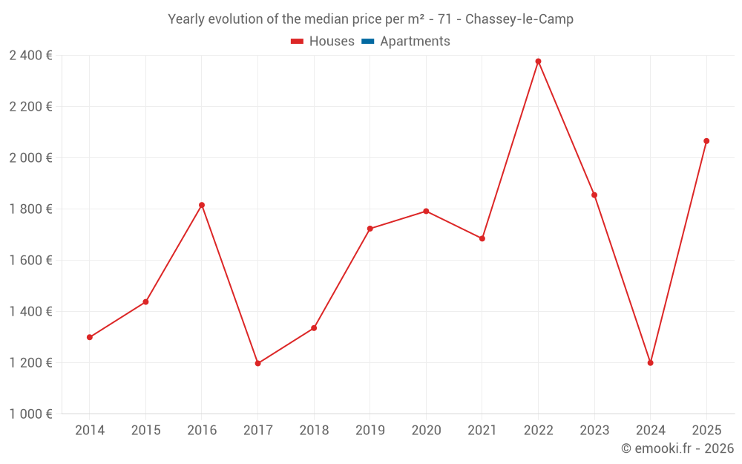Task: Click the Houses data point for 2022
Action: pyautogui.click(x=538, y=62)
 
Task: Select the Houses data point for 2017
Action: pyautogui.click(x=257, y=364)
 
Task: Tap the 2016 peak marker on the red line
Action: pyautogui.click(x=202, y=205)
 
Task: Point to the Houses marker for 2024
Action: pyautogui.click(x=650, y=363)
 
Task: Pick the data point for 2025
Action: pyautogui.click(x=706, y=141)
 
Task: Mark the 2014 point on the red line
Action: pyautogui.click(x=90, y=337)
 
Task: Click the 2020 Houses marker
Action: pyautogui.click(x=426, y=212)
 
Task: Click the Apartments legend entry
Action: pyautogui.click(x=415, y=42)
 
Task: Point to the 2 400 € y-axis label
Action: pyautogui.click(x=30, y=55)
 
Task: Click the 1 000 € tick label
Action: pyautogui.click(x=30, y=414)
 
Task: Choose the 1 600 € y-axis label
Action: pyautogui.click(x=30, y=261)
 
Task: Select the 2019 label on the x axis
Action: pyautogui.click(x=370, y=431)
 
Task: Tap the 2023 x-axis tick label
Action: pyautogui.click(x=594, y=431)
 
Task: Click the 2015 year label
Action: pyautogui.click(x=145, y=431)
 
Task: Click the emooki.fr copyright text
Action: pyautogui.click(x=677, y=448)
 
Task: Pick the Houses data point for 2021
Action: pyautogui.click(x=482, y=238)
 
